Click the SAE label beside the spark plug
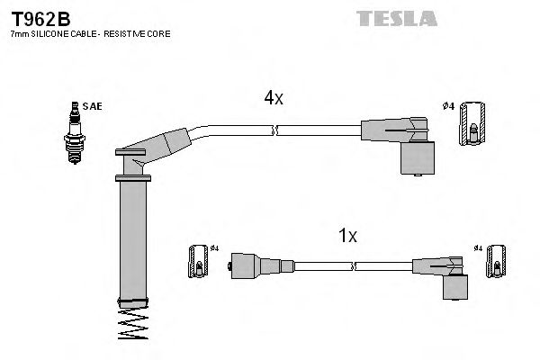point(92,106)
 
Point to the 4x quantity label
point(273,99)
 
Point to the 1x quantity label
point(347,237)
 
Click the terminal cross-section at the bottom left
point(197,262)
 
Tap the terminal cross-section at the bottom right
point(492,262)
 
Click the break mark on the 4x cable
point(277,130)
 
